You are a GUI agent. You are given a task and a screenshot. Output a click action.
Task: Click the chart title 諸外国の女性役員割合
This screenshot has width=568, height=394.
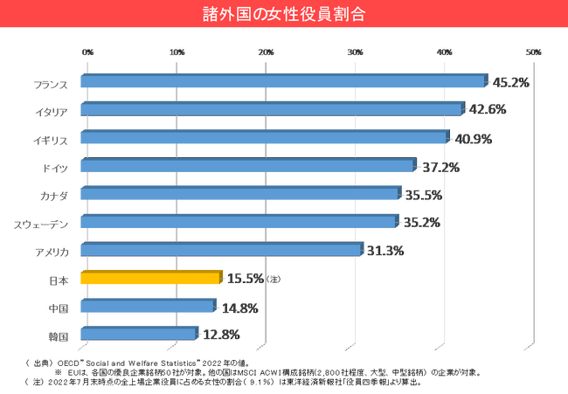coord(284,15)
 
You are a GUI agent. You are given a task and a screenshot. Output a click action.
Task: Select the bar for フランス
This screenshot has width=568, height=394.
coord(282,82)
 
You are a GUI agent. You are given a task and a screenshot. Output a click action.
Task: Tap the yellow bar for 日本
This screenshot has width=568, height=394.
coord(150,279)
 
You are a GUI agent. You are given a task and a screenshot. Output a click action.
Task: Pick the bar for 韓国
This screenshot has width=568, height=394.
coord(138,334)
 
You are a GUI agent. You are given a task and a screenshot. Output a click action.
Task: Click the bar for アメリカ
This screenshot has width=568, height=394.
coord(220,251)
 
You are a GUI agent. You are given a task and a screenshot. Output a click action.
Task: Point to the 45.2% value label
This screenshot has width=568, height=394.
coord(511,82)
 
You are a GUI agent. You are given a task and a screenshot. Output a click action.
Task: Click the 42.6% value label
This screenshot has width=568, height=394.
coord(488,110)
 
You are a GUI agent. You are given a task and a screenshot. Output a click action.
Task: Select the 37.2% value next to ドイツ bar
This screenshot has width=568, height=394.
coord(441,166)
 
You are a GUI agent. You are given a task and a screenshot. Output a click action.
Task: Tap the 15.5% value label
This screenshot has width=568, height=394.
coord(245,279)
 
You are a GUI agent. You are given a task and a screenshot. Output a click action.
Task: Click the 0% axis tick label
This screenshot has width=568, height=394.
coord(87,52)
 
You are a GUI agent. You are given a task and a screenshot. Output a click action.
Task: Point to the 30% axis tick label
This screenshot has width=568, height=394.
coord(355,52)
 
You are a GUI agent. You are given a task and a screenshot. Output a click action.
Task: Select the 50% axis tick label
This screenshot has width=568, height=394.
coord(533,52)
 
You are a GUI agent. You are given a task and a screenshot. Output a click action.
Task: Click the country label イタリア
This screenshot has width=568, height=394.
coord(53,110)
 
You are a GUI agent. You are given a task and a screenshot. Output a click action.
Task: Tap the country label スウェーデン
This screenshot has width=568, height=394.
coord(41,223)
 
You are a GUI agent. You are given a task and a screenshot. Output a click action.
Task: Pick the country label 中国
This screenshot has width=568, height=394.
coord(59,307)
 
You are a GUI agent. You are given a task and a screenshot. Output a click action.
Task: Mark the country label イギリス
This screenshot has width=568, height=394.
coord(53,138)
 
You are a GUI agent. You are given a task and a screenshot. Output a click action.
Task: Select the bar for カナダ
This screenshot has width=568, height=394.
coord(239,194)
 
